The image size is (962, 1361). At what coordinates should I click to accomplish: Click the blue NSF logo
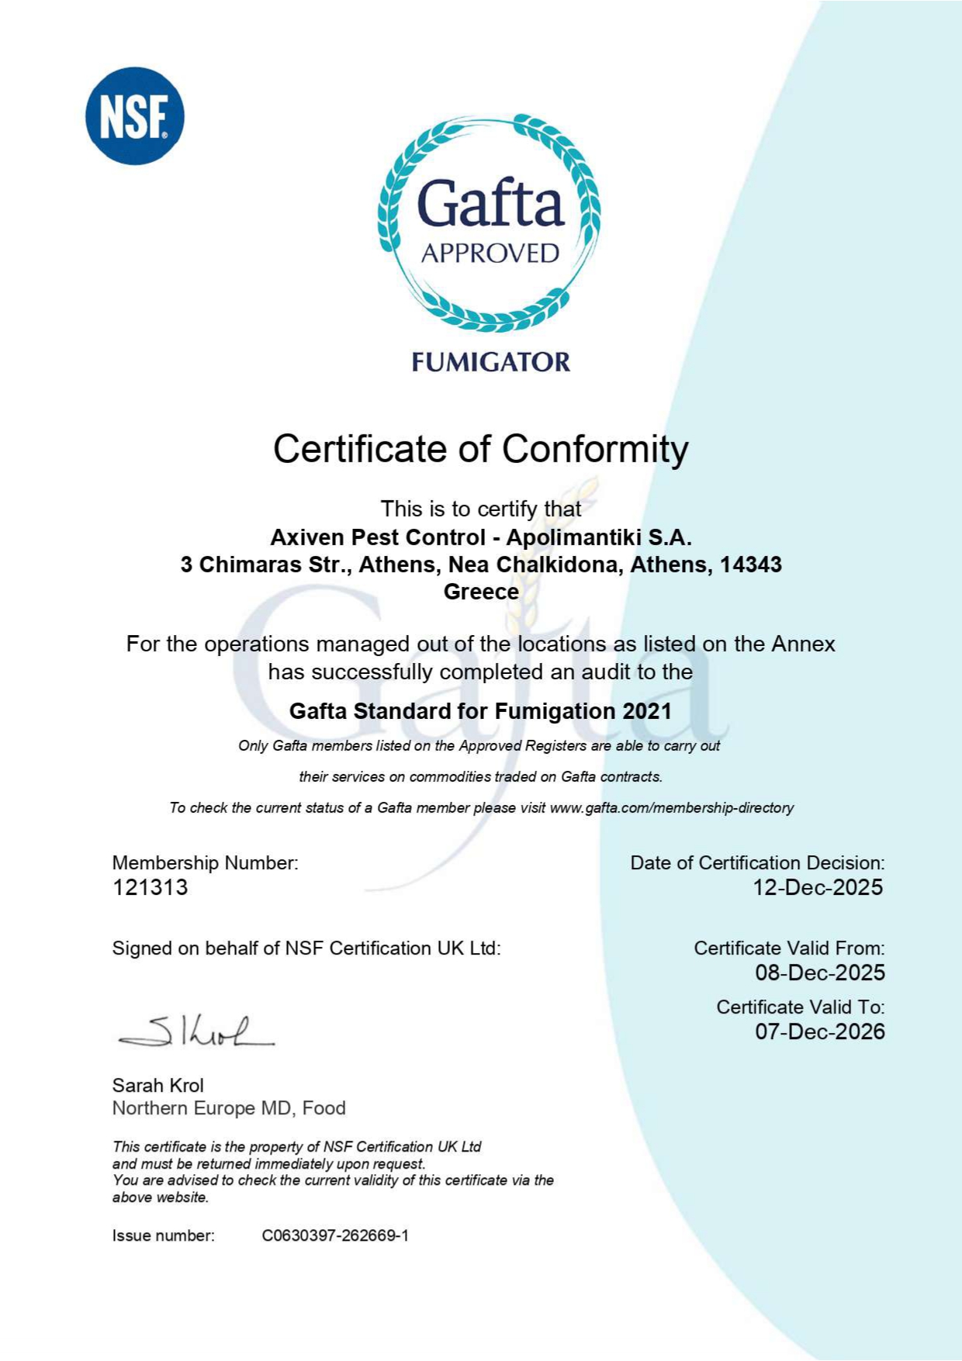click(x=134, y=116)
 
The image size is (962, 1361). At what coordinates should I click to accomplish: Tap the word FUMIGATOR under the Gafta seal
click(x=490, y=362)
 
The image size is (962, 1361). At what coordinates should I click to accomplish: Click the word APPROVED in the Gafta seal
click(x=490, y=254)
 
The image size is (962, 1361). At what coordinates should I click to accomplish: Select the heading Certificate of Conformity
click(x=480, y=449)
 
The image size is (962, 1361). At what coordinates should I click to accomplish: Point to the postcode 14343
click(x=750, y=565)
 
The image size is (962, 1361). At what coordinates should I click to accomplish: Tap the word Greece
click(x=481, y=592)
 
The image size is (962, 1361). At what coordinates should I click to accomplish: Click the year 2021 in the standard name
click(x=647, y=711)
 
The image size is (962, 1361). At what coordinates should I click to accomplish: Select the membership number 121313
click(x=151, y=887)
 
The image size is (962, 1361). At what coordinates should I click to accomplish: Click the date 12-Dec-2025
click(x=818, y=887)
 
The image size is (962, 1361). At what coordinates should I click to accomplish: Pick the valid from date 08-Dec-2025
click(x=820, y=972)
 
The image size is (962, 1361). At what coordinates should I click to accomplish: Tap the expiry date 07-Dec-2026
click(x=820, y=1031)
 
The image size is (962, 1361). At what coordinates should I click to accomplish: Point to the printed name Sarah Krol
click(x=158, y=1085)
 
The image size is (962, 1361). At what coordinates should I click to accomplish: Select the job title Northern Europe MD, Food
click(x=229, y=1108)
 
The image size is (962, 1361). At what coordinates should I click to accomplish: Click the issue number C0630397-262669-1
click(x=335, y=1235)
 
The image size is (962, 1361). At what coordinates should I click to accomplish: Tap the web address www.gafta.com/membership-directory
click(x=672, y=808)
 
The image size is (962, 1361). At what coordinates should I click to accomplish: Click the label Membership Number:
click(x=205, y=862)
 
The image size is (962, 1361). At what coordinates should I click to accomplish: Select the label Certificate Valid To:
click(x=800, y=1007)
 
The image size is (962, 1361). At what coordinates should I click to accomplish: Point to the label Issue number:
click(x=163, y=1235)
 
